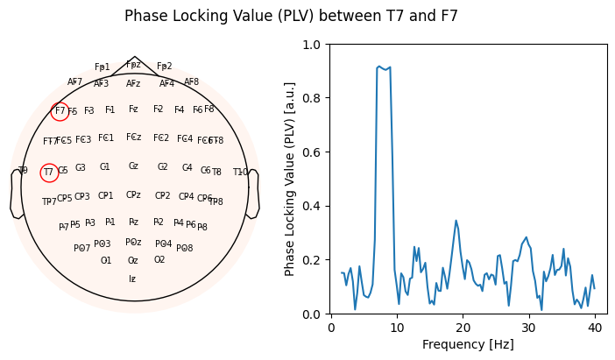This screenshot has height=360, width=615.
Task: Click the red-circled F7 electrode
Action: (60, 111)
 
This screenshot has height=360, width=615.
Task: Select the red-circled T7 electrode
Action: (49, 173)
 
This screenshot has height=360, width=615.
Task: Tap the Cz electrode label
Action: (133, 166)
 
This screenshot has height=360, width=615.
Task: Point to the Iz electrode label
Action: (132, 279)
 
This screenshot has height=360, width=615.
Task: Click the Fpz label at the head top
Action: (133, 64)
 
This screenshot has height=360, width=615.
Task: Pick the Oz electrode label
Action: (133, 260)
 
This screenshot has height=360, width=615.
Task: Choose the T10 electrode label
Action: (240, 173)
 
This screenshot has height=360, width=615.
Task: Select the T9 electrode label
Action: (23, 171)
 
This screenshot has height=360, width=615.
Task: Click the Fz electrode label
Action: (133, 109)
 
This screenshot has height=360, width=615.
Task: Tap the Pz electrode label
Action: (133, 222)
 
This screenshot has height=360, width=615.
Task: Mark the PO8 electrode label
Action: (184, 249)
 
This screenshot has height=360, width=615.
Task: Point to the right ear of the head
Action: (253, 194)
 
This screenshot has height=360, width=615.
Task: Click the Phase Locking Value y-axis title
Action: (290, 179)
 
